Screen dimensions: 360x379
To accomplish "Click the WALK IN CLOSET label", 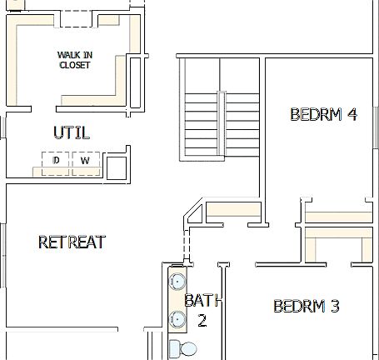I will pyautogui.click(x=74, y=60).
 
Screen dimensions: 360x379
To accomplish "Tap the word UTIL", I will pyautogui.click(x=71, y=133).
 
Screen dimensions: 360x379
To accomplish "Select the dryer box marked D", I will pyautogui.click(x=56, y=160).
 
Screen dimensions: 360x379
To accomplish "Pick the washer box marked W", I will pyautogui.click(x=85, y=160).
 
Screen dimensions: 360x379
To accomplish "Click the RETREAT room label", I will pyautogui.click(x=72, y=242).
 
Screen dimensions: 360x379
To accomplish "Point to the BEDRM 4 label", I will pyautogui.click(x=323, y=115).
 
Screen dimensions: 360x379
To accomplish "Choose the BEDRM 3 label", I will pyautogui.click(x=306, y=307).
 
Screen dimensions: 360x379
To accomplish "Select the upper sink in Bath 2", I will pyautogui.click(x=177, y=281).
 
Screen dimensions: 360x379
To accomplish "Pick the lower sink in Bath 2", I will pyautogui.click(x=177, y=318).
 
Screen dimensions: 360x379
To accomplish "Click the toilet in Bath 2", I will pyautogui.click(x=181, y=347).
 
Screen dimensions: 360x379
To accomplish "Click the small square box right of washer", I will pyautogui.click(x=116, y=167).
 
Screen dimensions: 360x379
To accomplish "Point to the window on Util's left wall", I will pyautogui.click(x=2, y=127).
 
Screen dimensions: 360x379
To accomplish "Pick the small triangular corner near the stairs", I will pyautogui.click(x=195, y=214).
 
